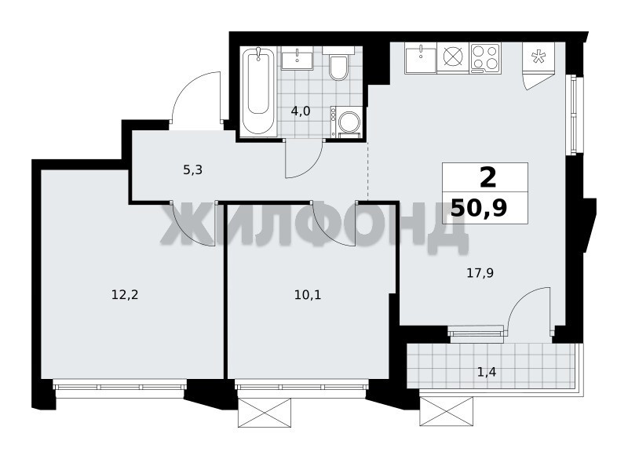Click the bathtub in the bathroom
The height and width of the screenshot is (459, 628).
258,91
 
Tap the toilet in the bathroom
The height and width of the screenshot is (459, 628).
338,64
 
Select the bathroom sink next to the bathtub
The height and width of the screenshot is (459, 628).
298,58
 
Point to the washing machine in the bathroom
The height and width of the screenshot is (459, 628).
346,122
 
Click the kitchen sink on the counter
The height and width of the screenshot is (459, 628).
421,58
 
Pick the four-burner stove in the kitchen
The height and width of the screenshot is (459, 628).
485,58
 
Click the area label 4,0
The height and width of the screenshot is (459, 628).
301,111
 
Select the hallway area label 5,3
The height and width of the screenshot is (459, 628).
192,170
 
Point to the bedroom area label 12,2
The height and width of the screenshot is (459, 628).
125,295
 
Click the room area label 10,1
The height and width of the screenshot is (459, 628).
308,295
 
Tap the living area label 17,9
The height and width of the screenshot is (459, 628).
480,273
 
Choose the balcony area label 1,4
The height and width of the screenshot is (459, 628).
487,373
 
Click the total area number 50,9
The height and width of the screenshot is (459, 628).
479,208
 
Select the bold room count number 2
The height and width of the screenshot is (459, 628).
487,178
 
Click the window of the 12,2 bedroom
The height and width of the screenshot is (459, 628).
120,386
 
